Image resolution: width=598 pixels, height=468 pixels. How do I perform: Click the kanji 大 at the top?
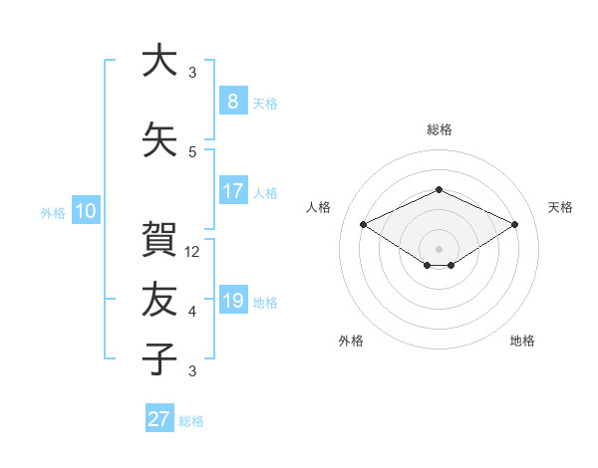pyautogui.click(x=159, y=60)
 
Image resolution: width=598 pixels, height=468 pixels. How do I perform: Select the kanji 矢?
pyautogui.click(x=159, y=139)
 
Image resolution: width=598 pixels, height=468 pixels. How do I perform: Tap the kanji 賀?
pyautogui.click(x=159, y=239)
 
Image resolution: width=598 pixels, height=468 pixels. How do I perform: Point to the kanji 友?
pyautogui.click(x=159, y=299)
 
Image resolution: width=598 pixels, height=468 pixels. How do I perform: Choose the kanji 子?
pyautogui.click(x=159, y=358)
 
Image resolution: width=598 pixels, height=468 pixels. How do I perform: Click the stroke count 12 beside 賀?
pyautogui.click(x=191, y=252)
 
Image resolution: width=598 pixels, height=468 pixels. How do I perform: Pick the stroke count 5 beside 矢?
pyautogui.click(x=192, y=152)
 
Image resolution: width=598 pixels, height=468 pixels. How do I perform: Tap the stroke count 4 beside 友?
pyautogui.click(x=192, y=312)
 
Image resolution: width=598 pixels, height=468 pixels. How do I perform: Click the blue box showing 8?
pyautogui.click(x=233, y=101)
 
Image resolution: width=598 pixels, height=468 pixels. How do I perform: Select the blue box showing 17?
pyautogui.click(x=233, y=190)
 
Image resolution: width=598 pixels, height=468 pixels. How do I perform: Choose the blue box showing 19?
pyautogui.click(x=233, y=299)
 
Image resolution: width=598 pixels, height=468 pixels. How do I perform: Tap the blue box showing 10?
pyautogui.click(x=86, y=210)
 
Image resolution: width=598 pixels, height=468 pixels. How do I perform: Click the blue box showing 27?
pyautogui.click(x=159, y=417)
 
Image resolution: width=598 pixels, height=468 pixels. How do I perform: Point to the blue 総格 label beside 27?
pyautogui.click(x=191, y=421)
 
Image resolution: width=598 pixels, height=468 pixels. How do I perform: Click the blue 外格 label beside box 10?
pyautogui.click(x=53, y=213)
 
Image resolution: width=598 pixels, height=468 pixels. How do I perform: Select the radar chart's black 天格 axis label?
pyautogui.click(x=560, y=207)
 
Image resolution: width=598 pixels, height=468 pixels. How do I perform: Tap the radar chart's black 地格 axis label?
pyautogui.click(x=522, y=341)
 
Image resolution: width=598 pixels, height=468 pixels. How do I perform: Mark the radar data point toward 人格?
pyautogui.click(x=364, y=224)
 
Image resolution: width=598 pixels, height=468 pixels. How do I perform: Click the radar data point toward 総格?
pyautogui.click(x=439, y=189)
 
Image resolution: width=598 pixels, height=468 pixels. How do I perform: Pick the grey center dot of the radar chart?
pyautogui.click(x=439, y=249)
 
